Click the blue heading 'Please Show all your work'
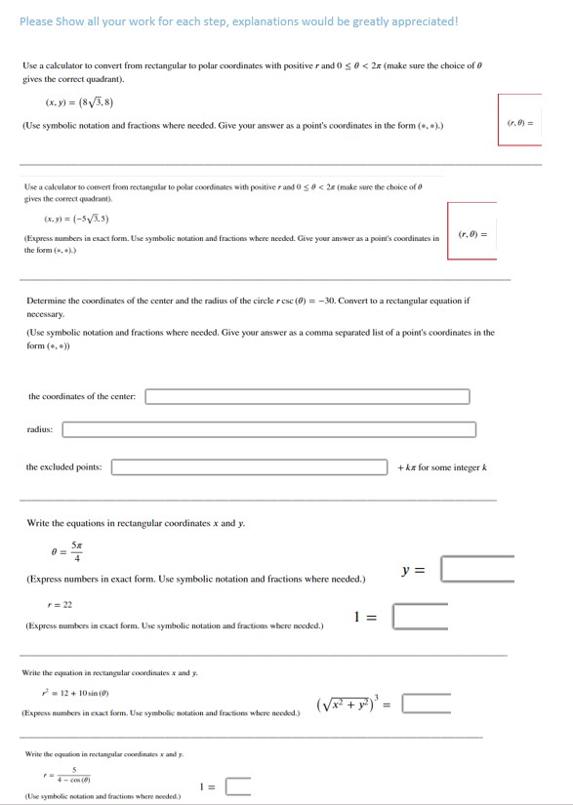238,21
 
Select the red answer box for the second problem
478,231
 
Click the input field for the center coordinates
307,396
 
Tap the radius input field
269,429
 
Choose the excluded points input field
249,467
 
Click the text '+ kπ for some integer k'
441,467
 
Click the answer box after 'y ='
475,569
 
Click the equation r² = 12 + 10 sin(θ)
77,692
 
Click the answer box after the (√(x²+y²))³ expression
427,704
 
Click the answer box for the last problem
238,787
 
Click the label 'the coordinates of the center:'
84,396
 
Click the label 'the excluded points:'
64,467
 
